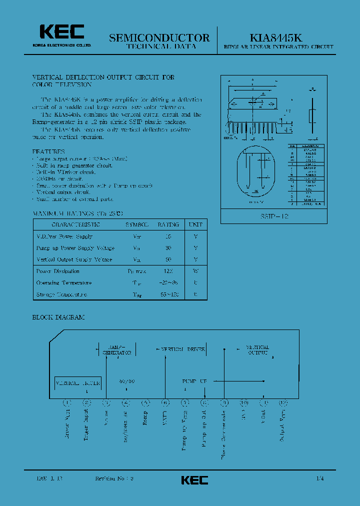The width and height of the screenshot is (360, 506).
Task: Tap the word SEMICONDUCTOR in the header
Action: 159,37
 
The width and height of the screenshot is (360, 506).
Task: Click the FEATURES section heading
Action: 48,151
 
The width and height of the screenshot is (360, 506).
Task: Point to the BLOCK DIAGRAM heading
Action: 58,317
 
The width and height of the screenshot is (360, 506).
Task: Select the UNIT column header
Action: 195,224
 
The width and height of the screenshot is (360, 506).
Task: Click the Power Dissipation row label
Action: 58,271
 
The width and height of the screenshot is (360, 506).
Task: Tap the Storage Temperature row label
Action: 61,294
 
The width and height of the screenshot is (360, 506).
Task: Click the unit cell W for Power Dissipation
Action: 195,271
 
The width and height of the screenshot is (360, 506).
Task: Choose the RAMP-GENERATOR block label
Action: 117,349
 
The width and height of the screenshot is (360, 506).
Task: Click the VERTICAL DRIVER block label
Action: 182,349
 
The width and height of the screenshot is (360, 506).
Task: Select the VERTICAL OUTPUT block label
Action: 258,349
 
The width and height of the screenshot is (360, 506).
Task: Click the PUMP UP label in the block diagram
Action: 194,381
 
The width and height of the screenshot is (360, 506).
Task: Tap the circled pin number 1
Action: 67,402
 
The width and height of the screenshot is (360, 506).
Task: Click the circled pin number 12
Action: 283,402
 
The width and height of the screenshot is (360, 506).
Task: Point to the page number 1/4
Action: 319,478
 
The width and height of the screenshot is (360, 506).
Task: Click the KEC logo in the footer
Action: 194,480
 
